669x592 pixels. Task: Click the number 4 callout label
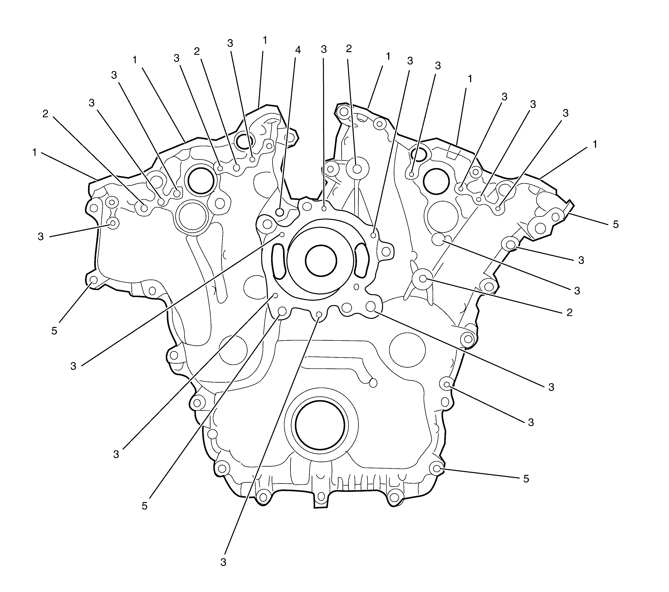[x=298, y=50]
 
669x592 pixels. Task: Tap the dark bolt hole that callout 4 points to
[x=279, y=212]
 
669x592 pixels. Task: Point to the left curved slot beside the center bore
[x=279, y=261]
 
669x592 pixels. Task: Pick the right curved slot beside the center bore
[x=361, y=261]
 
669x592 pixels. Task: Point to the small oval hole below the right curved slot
[x=356, y=287]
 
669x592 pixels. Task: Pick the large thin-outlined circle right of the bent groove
[x=407, y=350]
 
